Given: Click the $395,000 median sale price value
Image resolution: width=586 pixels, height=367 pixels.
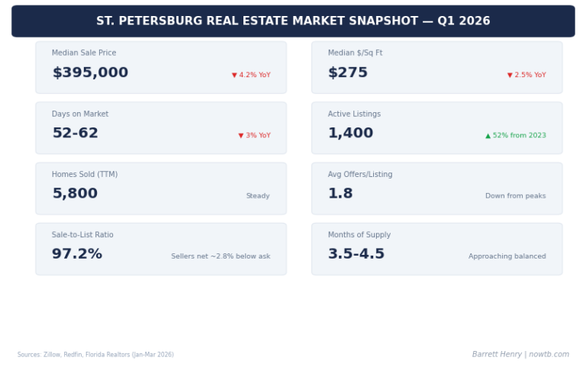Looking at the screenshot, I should (90, 73).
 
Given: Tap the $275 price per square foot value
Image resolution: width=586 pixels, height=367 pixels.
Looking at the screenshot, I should (348, 73).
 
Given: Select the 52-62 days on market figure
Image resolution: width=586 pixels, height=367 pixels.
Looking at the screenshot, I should (75, 134).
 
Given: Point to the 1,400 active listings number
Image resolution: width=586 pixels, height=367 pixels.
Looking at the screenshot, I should (350, 134).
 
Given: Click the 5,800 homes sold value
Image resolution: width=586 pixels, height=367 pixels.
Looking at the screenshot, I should (75, 194).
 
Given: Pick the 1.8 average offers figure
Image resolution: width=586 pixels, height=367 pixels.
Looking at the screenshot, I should (340, 194).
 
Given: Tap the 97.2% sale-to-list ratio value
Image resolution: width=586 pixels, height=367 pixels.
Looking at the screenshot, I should (77, 254).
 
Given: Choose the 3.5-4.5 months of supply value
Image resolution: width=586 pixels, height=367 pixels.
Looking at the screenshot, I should (356, 254).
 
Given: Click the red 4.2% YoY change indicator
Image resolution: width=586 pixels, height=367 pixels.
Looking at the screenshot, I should (251, 75).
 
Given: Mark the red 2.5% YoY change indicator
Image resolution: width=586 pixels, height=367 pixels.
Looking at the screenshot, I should (526, 75).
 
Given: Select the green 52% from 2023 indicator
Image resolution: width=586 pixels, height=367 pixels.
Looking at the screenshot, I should (516, 136).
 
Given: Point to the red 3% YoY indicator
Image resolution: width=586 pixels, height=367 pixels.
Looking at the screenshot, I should (254, 136).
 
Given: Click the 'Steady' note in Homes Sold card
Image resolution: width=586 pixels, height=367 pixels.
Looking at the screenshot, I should (258, 196).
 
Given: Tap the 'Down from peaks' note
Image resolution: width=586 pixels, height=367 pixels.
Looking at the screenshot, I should (516, 196).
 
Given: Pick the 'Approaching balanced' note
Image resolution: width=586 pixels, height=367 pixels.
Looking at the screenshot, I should (507, 256).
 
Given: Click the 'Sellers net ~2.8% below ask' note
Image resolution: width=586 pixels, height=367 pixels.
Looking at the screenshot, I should (221, 256).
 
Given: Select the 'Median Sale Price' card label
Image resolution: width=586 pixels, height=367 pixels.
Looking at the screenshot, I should (84, 53).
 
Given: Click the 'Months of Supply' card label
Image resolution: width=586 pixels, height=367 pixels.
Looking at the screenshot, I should (359, 235).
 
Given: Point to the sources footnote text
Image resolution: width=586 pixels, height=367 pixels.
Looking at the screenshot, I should (95, 355).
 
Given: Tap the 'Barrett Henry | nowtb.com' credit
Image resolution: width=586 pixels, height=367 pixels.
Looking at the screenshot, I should (520, 355).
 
